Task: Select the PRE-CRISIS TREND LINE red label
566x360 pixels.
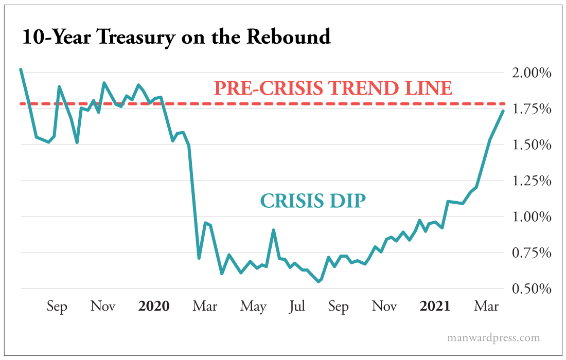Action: coord(333,88)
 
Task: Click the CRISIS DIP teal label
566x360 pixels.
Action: coord(313,201)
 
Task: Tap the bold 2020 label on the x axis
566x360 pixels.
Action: coord(154,307)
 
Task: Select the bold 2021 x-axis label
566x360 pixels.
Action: coord(435,307)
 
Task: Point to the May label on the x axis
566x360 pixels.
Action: coord(253,307)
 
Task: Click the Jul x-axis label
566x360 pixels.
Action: coord(297,307)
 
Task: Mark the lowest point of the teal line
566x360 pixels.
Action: coord(319,281)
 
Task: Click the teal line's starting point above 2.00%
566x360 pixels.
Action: coord(21,69)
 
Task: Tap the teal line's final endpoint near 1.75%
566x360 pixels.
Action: coord(503,111)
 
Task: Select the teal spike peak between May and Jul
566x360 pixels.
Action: coord(273,230)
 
